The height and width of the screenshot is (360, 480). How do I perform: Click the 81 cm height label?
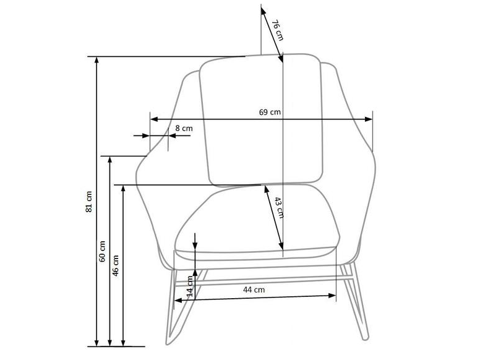89,202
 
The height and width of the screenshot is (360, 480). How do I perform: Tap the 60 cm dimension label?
102,251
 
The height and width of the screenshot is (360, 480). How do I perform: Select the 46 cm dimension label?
116,266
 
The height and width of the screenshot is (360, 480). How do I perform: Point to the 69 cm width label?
270,112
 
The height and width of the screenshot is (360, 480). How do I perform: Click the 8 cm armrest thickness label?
184,128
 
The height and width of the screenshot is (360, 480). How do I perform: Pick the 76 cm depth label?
278,30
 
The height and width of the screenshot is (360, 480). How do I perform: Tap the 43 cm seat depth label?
279,208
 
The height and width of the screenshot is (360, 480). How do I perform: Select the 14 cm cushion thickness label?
190,286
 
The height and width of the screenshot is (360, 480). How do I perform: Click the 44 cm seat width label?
254,289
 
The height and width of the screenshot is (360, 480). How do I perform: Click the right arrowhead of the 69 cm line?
369,119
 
